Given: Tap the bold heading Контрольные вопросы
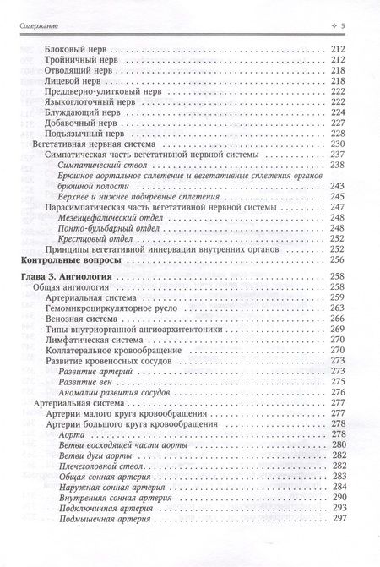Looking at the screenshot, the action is click(72, 263).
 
